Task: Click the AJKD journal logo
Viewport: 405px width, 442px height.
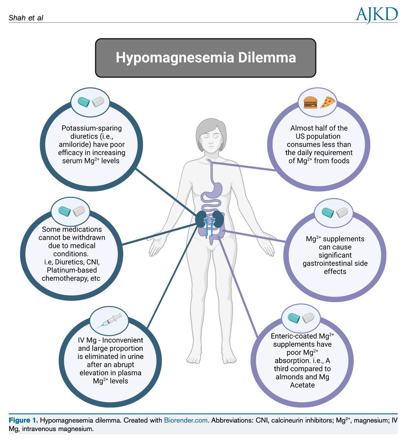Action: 376,15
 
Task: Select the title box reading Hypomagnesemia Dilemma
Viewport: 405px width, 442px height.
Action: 205,58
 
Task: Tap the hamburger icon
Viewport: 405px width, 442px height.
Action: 310,102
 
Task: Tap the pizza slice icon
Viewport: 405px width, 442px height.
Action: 327,102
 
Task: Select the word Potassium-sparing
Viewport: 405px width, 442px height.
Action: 92,128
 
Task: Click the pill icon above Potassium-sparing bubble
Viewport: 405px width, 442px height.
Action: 92,102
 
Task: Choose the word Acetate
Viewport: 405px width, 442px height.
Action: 302,385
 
